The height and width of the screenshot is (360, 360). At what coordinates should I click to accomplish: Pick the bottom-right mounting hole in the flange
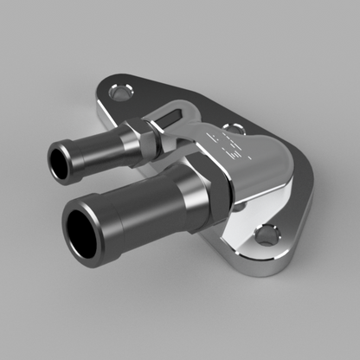(x=269, y=234)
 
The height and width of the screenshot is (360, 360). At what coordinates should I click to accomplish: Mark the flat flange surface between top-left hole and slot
(x=147, y=100)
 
